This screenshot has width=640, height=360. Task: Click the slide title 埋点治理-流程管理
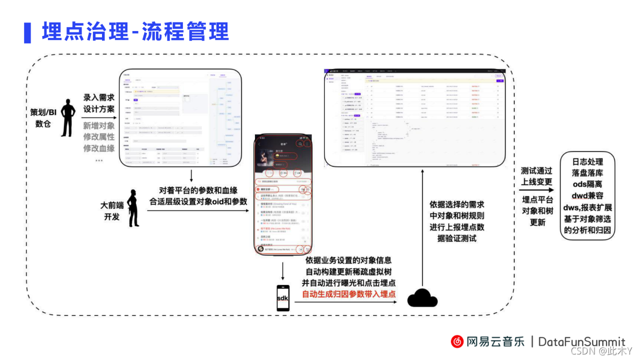point(135,31)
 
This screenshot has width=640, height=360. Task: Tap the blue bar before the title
point(27,32)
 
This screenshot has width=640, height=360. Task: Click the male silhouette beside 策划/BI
point(68,116)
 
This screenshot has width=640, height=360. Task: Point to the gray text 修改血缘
point(99,148)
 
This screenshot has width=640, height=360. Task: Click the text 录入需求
point(99,97)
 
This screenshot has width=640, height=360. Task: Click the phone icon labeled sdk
point(283,298)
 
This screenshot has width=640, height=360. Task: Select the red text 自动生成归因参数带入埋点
point(348,294)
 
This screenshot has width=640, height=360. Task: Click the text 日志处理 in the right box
point(587,162)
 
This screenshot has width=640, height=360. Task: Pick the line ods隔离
point(587,184)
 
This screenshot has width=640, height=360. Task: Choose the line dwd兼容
point(587,196)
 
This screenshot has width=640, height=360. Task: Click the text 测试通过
point(536,170)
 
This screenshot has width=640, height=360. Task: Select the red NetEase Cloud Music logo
point(457,341)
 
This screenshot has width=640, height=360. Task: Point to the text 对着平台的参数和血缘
point(198,190)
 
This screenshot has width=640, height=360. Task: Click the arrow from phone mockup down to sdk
point(283,270)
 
